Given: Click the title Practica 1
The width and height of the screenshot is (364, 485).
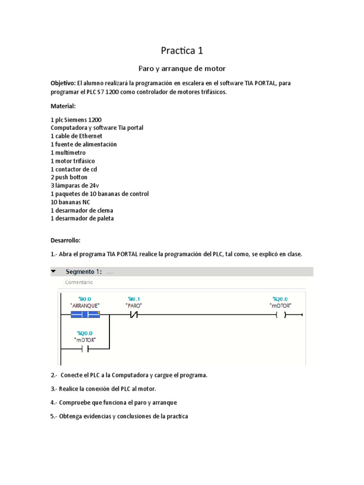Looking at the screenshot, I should pyautogui.click(x=182, y=50).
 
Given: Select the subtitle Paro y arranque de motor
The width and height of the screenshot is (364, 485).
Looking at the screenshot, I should pyautogui.click(x=182, y=69).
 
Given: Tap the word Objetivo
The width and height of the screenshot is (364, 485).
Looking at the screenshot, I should pyautogui.click(x=63, y=83).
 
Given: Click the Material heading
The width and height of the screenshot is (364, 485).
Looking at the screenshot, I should pyautogui.click(x=63, y=106).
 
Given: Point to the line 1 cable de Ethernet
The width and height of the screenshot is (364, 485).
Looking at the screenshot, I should pyautogui.click(x=76, y=136).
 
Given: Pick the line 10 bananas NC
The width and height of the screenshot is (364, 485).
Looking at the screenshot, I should pyautogui.click(x=70, y=202).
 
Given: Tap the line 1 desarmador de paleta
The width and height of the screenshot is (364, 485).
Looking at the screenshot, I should pyautogui.click(x=82, y=218).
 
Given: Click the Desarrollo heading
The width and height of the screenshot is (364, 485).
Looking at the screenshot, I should pyautogui.click(x=66, y=240).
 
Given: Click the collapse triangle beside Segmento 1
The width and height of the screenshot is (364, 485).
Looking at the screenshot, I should pyautogui.click(x=54, y=271).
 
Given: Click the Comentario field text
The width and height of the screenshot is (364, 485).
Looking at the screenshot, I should pyautogui.click(x=79, y=282).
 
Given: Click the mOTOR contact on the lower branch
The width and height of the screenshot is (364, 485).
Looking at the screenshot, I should pyautogui.click(x=85, y=349).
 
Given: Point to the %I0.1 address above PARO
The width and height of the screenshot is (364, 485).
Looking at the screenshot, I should pyautogui.click(x=134, y=299).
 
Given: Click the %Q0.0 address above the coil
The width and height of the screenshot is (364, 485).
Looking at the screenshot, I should pyautogui.click(x=280, y=299).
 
